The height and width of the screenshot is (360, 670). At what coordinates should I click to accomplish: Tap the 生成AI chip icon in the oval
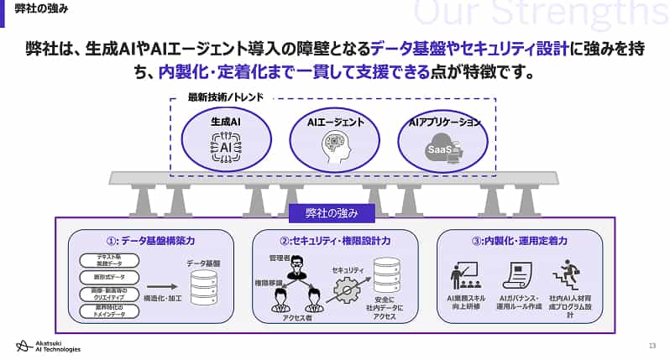coord(225,148)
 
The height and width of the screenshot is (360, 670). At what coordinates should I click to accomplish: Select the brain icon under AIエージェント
coord(334,149)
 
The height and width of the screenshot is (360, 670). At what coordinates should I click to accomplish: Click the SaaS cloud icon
coord(444,150)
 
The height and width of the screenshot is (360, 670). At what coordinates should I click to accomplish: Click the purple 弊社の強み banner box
coord(335,213)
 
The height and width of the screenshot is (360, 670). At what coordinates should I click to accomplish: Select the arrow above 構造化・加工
coord(161,286)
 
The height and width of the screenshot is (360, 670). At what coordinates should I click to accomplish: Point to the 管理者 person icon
coord(296,267)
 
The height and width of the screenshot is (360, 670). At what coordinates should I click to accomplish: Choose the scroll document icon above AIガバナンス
coord(513,275)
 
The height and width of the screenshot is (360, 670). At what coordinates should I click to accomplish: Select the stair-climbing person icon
coord(563,274)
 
